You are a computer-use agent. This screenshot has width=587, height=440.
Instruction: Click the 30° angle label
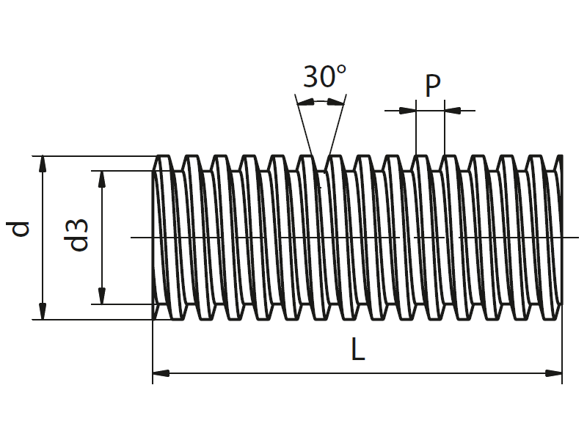coord(324,76)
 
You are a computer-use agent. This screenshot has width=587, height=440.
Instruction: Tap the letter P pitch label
coord(433,87)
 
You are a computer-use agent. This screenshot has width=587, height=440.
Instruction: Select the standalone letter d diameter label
coord(21,229)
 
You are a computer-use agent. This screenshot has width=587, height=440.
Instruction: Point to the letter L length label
coord(357,350)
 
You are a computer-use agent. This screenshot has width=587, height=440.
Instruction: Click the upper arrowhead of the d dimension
coord(43,164)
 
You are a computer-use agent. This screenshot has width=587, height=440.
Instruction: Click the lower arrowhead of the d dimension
coord(43,312)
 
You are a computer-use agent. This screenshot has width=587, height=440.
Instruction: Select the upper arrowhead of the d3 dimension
coord(101,179)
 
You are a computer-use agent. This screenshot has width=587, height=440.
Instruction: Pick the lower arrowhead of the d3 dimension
coord(101,296)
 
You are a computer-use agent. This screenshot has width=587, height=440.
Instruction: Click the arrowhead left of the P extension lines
coord(407,111)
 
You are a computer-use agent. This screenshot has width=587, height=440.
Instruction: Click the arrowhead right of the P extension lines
coord(453,111)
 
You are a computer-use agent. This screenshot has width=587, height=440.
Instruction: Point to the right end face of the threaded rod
coord(561,238)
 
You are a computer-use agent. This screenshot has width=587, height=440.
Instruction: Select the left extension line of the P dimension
coord(415,132)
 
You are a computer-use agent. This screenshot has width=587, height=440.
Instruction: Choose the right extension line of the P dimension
coord(445,132)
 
